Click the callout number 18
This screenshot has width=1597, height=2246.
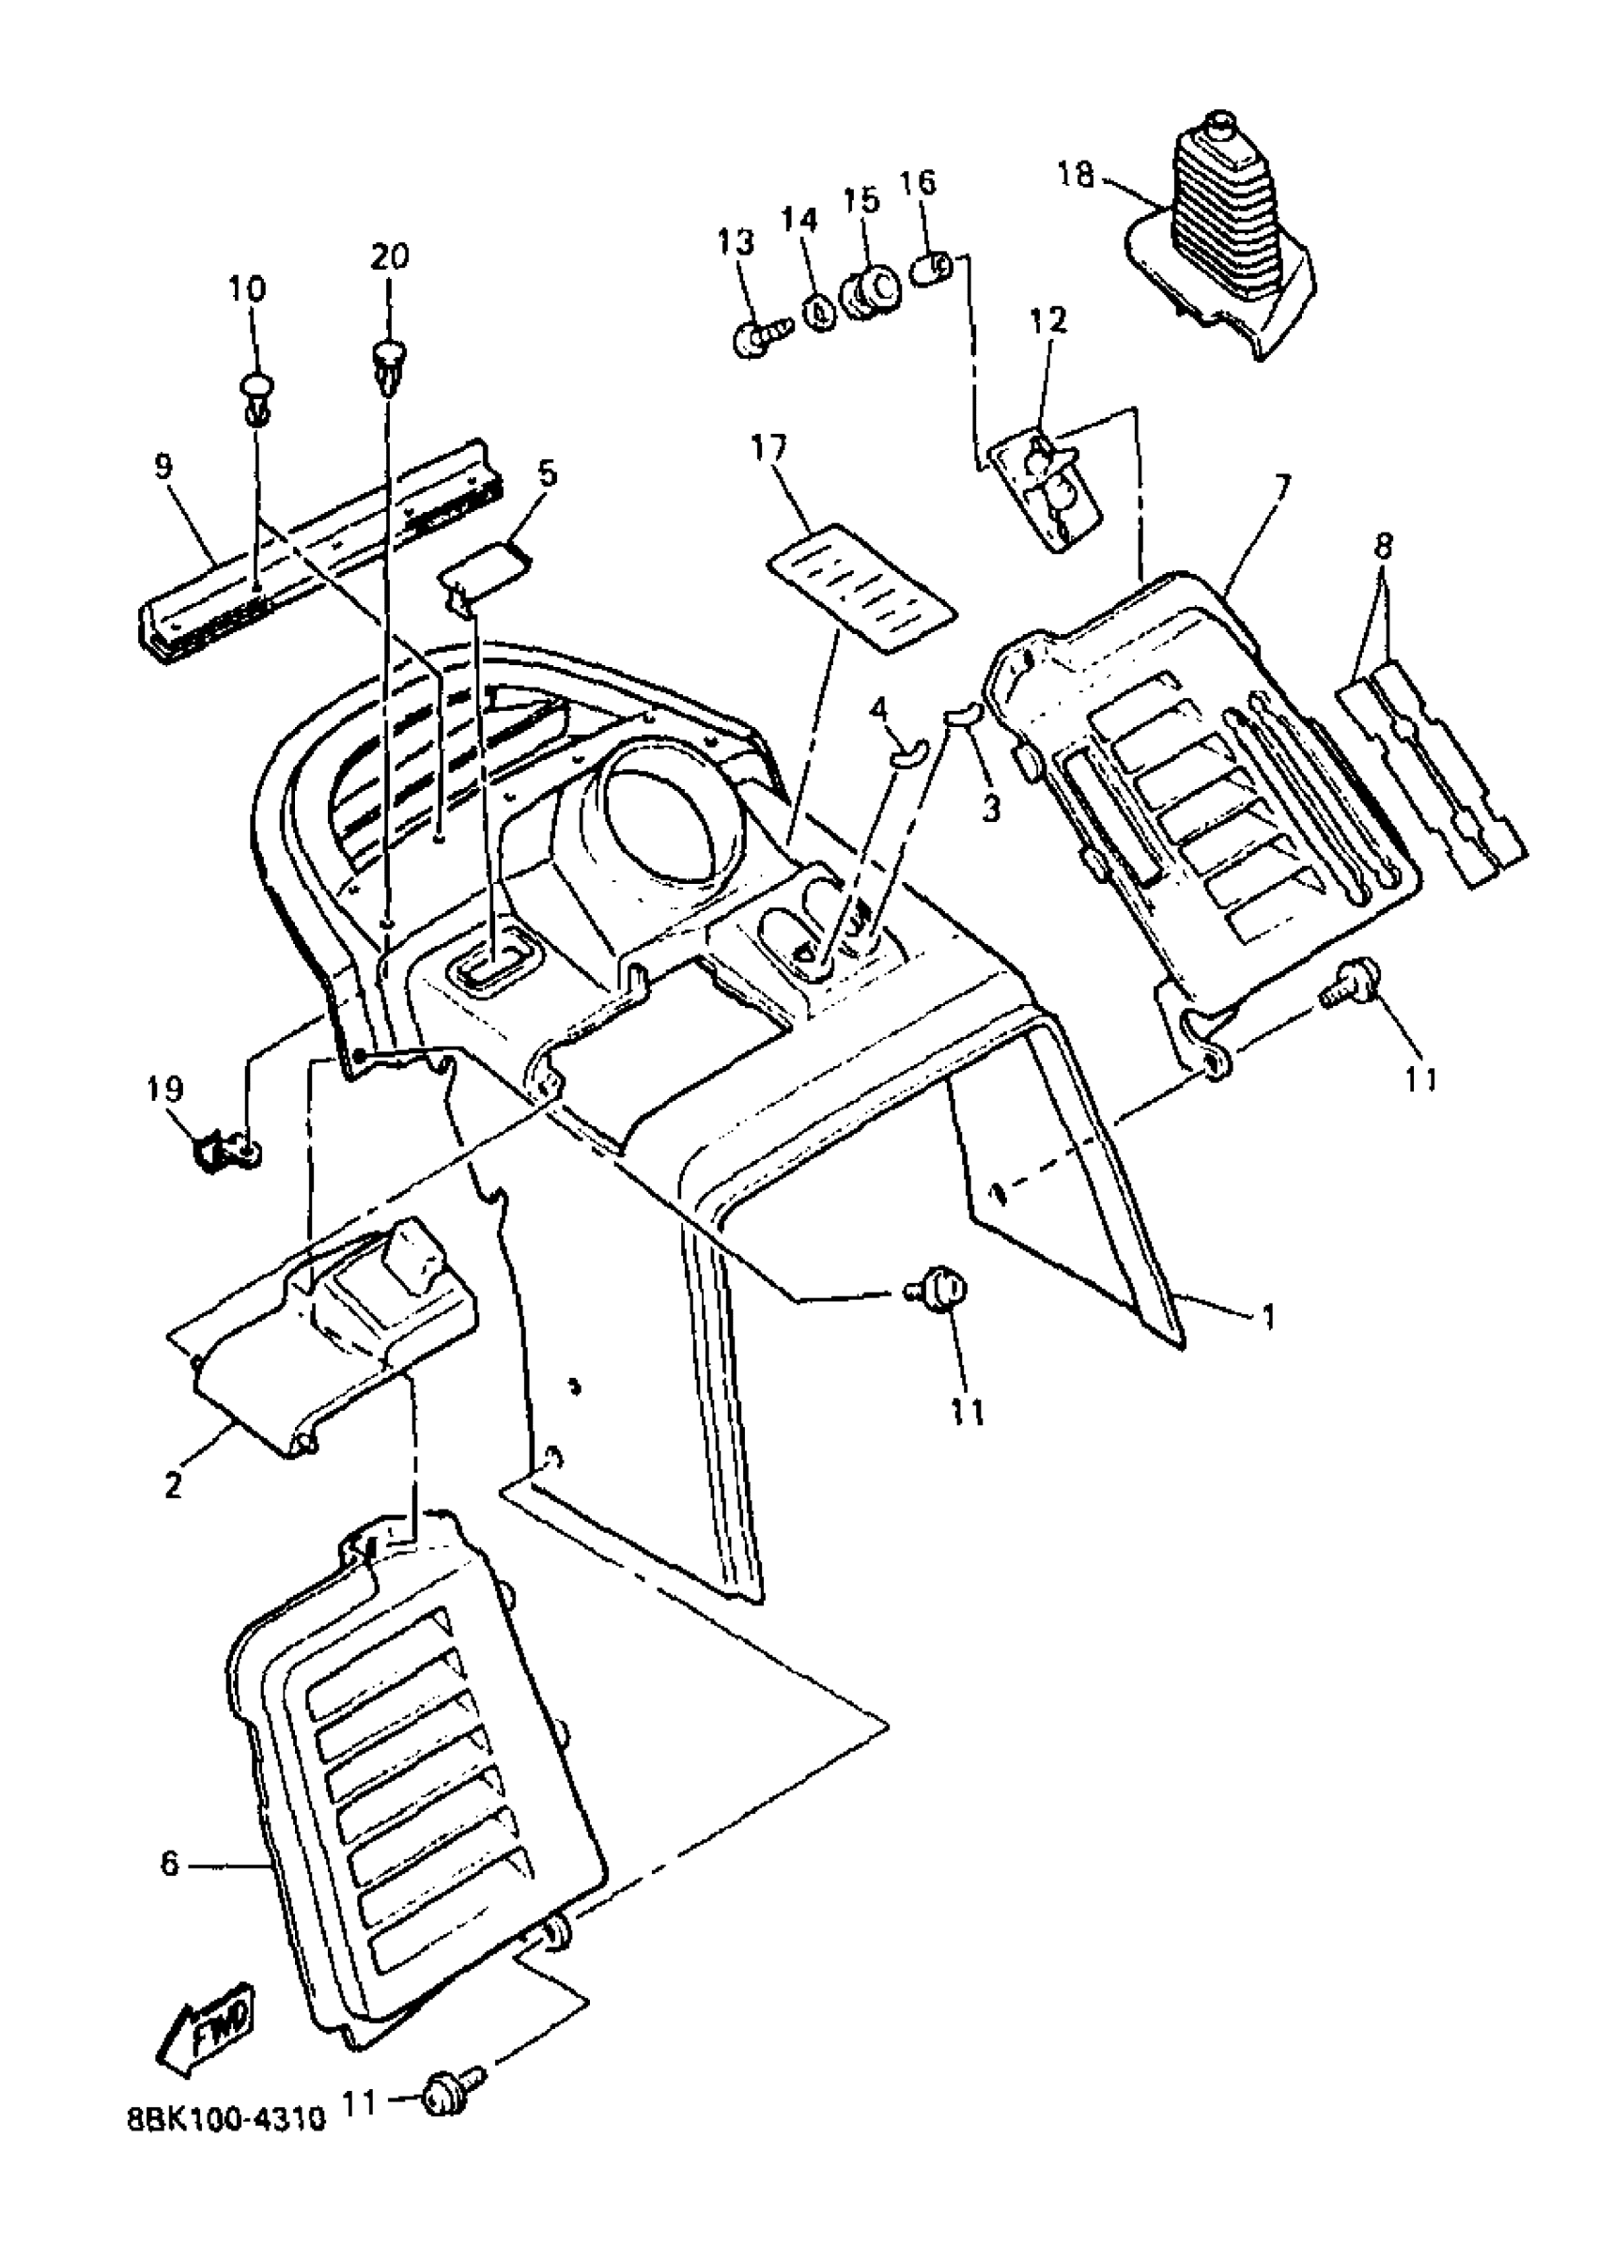(1075, 175)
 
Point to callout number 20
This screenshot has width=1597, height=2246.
(391, 256)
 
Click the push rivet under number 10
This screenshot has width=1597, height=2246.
(256, 395)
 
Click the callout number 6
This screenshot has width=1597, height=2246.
(170, 1865)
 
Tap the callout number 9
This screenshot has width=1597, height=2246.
(163, 466)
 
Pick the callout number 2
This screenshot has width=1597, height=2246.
(173, 1484)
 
